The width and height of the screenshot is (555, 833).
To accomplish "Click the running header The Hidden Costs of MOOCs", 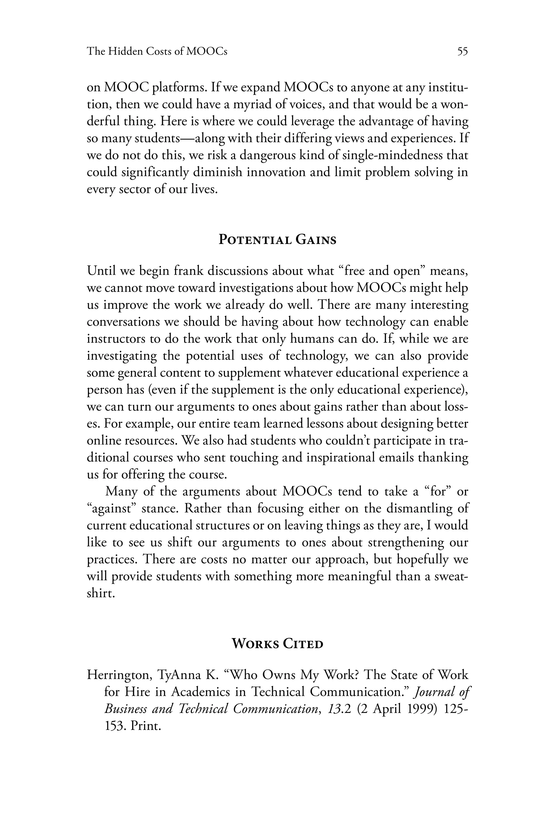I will click(x=157, y=52).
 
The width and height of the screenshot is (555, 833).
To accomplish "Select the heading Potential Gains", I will click(x=277, y=240).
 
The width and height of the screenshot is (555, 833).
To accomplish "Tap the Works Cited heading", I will click(x=277, y=643).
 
